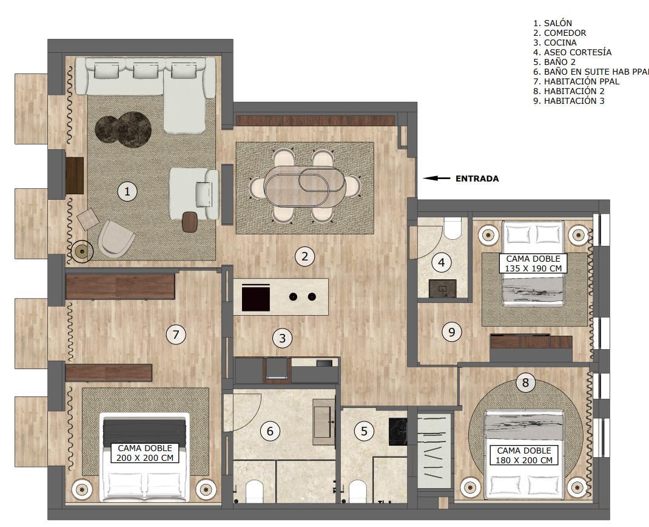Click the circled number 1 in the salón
(127, 191)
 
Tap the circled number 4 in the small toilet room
(441, 262)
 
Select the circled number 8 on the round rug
(525, 382)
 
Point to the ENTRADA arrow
(436, 178)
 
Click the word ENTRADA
(477, 178)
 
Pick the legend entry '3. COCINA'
(554, 42)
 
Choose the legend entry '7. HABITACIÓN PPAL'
(576, 81)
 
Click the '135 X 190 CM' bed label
(533, 268)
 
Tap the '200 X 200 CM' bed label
(144, 457)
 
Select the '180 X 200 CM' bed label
(523, 460)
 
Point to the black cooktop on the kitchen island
(256, 297)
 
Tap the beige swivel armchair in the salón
(116, 238)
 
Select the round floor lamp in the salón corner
(81, 251)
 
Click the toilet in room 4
(452, 228)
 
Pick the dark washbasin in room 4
(442, 288)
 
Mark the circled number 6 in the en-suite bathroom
(270, 431)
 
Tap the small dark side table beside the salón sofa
(190, 221)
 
